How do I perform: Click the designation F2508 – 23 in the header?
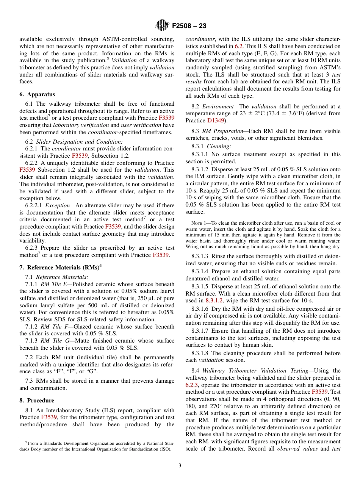189,26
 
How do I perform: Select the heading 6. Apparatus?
37,94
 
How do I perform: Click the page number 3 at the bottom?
180,465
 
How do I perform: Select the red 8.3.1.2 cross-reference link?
214,300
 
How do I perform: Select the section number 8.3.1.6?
201,309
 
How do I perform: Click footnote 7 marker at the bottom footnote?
26,443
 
